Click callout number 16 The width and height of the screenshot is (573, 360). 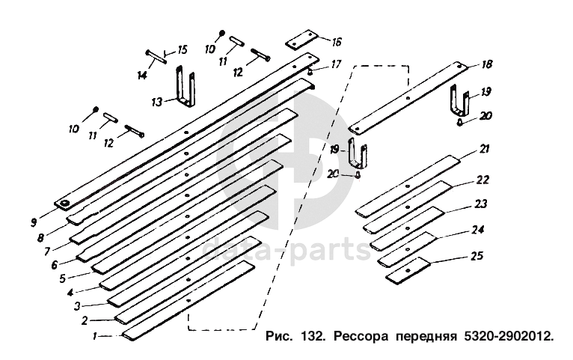click(337, 41)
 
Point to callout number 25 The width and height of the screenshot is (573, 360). click(477, 256)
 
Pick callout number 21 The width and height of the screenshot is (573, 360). click(485, 150)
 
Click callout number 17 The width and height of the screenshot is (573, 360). click(337, 64)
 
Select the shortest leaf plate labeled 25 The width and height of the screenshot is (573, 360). click(408, 269)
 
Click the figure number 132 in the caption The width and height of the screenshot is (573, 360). click(315, 336)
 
